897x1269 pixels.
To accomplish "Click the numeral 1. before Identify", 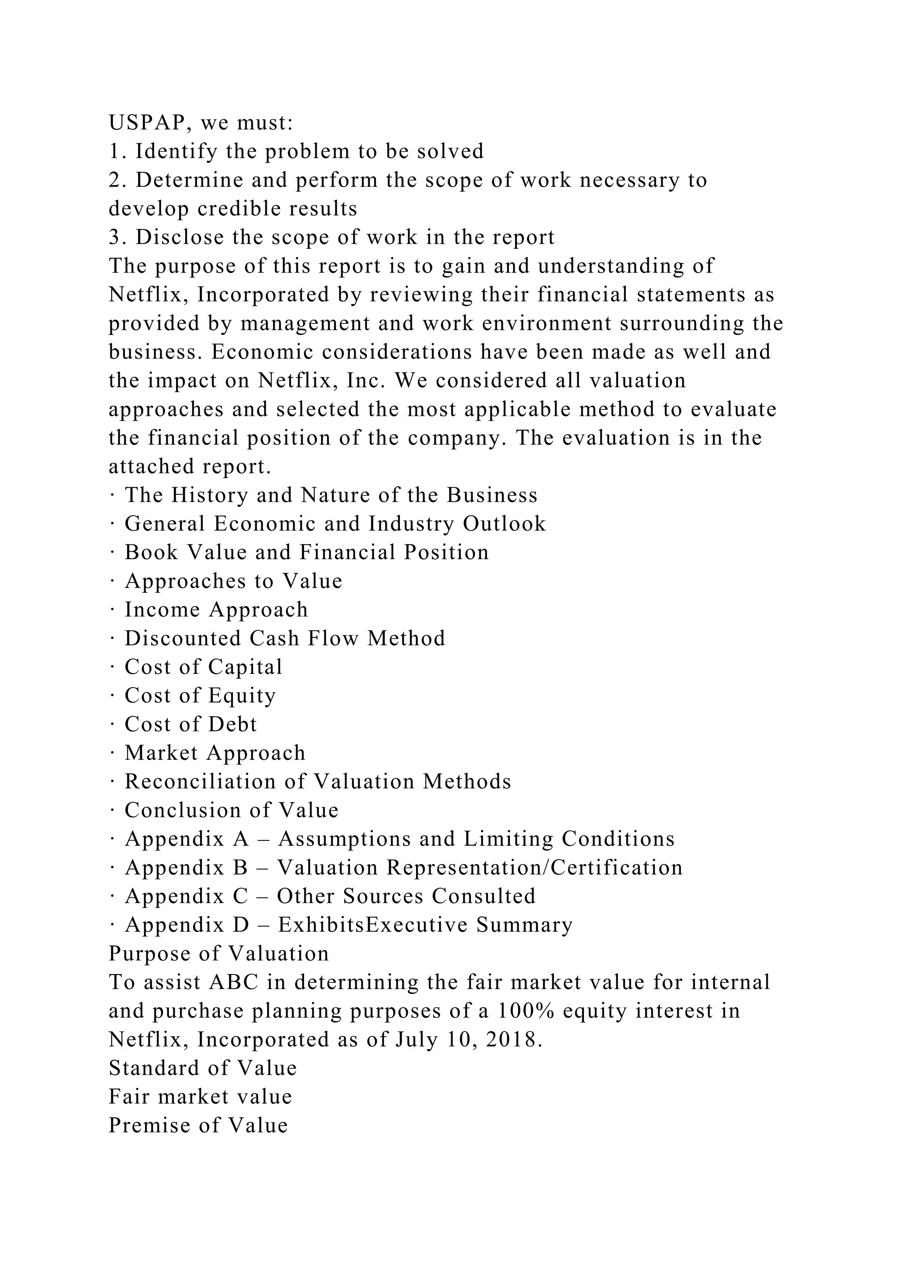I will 116,152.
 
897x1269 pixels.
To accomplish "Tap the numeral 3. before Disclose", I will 116,237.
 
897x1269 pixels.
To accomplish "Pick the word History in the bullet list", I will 209,495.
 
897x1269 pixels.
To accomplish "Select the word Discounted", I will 182,638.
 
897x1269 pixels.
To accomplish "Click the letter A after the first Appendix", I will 241,839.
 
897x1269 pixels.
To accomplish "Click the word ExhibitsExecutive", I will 373,925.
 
